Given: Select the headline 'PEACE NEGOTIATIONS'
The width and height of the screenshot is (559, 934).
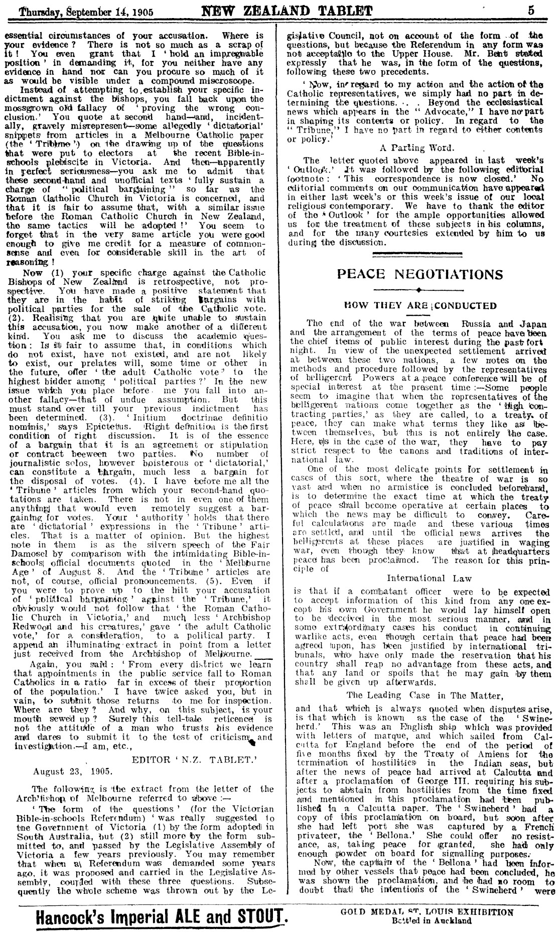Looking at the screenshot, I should pyautogui.click(x=420, y=274).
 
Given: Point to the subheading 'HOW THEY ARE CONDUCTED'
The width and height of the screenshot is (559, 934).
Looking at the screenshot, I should pyautogui.click(x=419, y=305).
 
